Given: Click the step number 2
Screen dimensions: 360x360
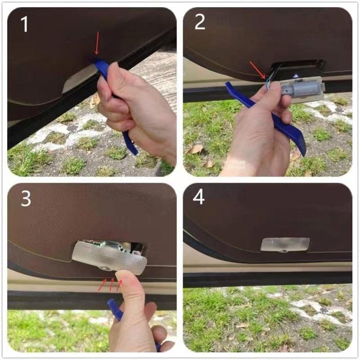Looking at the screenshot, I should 200,22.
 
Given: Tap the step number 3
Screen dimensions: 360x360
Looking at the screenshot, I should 26,198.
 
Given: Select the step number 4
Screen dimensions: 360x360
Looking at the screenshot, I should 199,197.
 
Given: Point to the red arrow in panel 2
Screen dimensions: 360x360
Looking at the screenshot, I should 258,70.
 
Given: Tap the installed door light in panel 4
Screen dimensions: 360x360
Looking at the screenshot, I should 285,244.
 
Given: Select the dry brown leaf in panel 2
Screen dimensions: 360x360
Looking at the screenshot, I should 196,148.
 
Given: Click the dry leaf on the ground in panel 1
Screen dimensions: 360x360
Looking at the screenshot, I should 95,100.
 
